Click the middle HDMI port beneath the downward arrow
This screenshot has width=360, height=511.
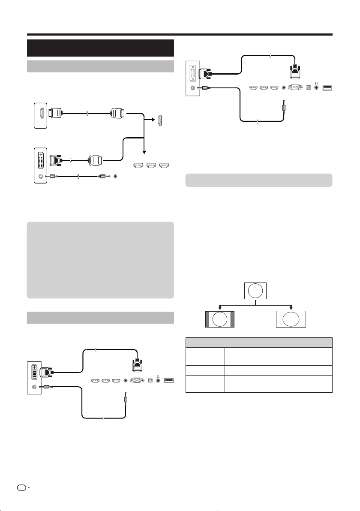[x=151, y=165]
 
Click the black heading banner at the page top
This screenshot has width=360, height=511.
[x=100, y=48]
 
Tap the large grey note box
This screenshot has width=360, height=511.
[x=100, y=260]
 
